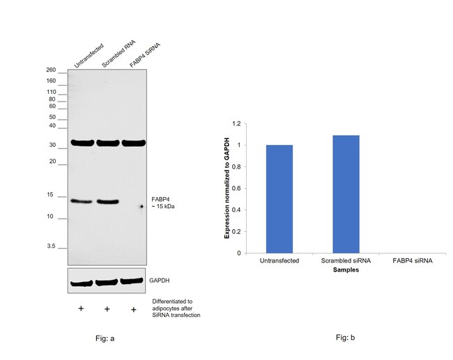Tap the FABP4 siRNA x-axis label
pos(412,260)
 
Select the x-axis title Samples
pos(345,269)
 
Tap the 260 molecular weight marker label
pos(51,70)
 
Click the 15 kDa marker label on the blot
pos(52,196)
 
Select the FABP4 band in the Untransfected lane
pos(82,201)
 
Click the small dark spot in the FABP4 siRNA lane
pos(141,207)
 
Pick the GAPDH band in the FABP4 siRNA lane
pos(132,281)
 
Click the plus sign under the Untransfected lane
pos(81,308)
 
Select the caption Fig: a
pos(104,338)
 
